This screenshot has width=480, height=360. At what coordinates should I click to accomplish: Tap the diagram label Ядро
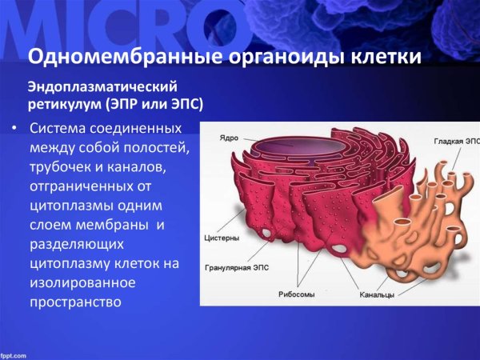coord(228,138)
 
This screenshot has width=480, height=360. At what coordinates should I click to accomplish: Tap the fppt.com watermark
coord(14,354)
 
